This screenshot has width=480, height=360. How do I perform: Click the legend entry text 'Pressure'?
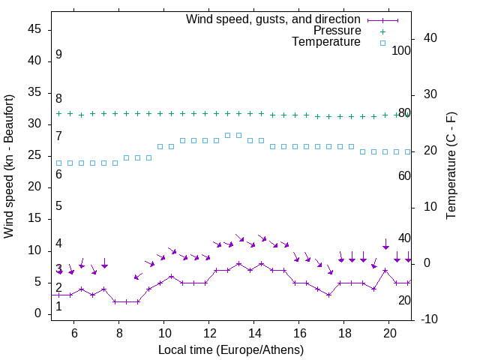(337, 31)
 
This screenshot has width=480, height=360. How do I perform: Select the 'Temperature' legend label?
(326, 42)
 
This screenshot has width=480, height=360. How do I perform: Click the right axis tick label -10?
(430, 319)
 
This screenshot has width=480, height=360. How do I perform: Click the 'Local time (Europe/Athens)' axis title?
(231, 349)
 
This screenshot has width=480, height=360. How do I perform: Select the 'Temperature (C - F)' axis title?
(451, 166)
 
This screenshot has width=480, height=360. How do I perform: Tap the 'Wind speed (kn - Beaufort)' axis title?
(9, 166)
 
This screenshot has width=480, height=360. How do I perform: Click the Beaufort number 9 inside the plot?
(58, 55)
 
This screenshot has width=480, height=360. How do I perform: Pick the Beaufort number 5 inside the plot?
(58, 206)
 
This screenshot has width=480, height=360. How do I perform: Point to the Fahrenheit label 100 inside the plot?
(402, 51)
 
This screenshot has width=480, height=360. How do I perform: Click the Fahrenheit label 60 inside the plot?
(404, 175)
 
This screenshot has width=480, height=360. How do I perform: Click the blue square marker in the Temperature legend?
(382, 43)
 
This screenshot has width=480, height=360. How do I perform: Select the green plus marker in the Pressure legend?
(382, 31)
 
